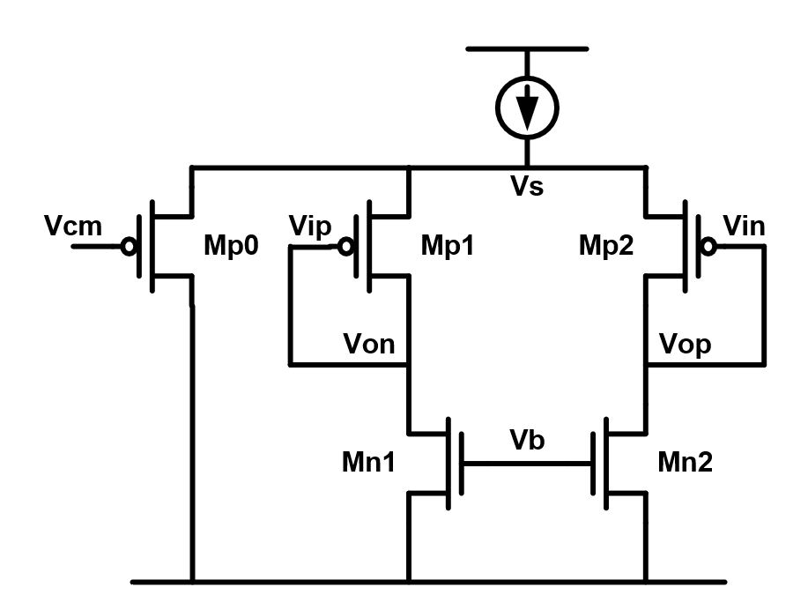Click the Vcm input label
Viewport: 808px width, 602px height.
[72, 227]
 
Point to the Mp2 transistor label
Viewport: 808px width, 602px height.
[607, 246]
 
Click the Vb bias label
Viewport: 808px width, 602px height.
[527, 442]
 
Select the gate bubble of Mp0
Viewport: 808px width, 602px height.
[130, 247]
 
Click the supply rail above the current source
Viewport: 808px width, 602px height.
[527, 48]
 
